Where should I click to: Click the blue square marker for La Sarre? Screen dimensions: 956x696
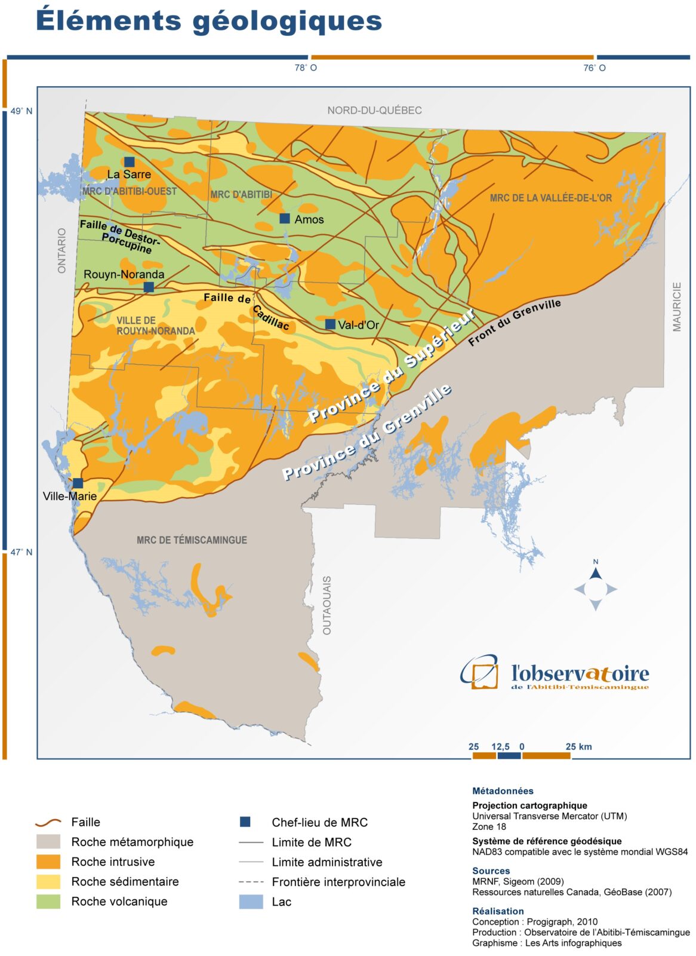(129, 162)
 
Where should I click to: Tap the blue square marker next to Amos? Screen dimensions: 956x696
(285, 219)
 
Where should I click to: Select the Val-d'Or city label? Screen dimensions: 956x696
(358, 325)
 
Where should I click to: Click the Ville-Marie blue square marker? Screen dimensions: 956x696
(78, 483)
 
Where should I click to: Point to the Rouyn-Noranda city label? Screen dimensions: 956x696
(124, 274)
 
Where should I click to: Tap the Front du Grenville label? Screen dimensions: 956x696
(514, 322)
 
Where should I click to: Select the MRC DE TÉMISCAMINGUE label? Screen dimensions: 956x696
(192, 540)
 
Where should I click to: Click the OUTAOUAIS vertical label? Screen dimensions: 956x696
(327, 605)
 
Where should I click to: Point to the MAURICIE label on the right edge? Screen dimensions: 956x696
(676, 307)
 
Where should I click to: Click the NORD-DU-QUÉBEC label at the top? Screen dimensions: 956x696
(374, 111)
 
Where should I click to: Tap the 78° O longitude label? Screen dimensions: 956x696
(305, 68)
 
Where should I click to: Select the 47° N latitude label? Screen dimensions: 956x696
(21, 552)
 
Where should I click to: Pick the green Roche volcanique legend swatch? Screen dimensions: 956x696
(48, 901)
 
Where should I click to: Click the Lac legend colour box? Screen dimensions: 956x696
(251, 902)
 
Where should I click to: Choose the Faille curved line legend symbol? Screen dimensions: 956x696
(48, 822)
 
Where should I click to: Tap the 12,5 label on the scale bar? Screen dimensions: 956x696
(500, 747)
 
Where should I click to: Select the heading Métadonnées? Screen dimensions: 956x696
(503, 790)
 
